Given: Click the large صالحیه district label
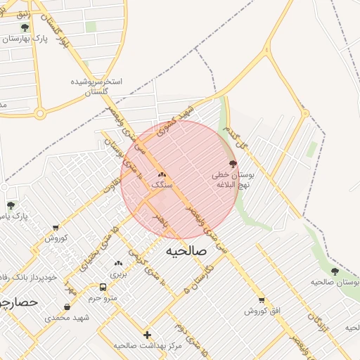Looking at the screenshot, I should coord(184,250).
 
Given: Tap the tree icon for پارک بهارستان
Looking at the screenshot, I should coord(25,28).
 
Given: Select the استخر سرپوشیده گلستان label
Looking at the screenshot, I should coord(96,86).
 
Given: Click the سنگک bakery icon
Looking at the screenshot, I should coord(162,174).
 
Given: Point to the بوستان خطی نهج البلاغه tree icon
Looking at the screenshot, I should coord(233,163).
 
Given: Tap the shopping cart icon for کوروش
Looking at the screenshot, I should coord(56,227).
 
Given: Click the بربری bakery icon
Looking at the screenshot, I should coord(117,264).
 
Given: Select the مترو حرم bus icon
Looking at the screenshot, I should coord(103,288).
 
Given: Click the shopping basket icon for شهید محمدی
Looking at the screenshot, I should coord(67,307).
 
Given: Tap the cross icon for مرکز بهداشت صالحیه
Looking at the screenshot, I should coord(147,335).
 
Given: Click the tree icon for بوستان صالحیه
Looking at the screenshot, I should coord(334,271).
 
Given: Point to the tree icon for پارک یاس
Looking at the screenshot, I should coord(11,205).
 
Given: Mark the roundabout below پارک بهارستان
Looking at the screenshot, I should coord(40,112).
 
